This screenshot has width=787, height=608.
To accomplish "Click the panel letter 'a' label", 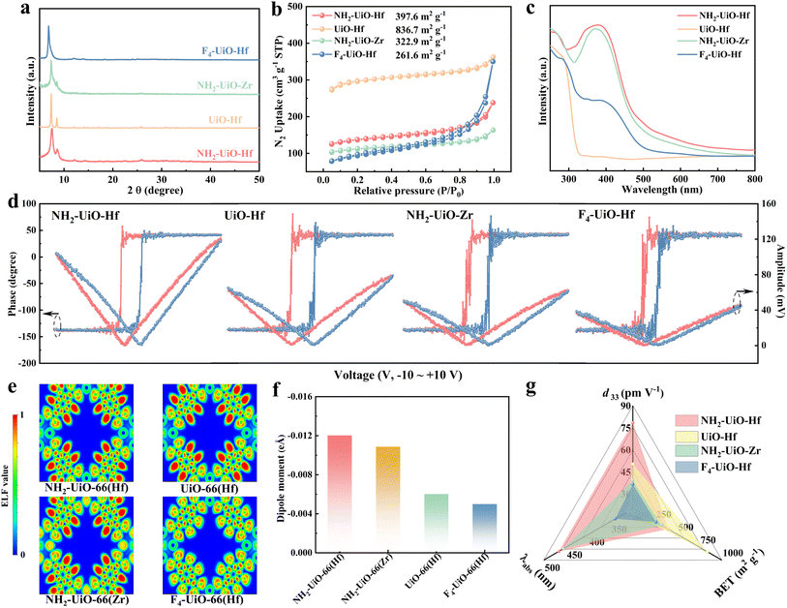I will tap(9, 9).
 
